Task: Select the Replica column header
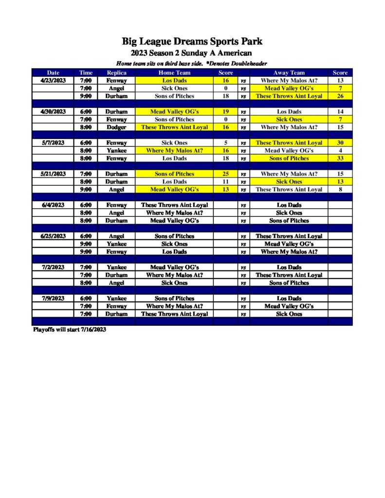tap(116, 72)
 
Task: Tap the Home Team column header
tap(174, 72)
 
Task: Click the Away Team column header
tap(289, 72)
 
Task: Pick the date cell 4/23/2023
tap(53, 80)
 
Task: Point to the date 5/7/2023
tap(53, 142)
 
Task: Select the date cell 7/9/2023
tap(53, 298)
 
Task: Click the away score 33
tap(340, 158)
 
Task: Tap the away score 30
tap(340, 142)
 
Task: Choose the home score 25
tap(226, 174)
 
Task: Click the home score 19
tap(226, 111)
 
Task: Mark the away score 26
tap(340, 96)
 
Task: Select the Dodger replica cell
tap(116, 127)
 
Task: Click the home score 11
tap(226, 181)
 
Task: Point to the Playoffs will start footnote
tap(69, 330)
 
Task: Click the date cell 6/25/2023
tap(53, 236)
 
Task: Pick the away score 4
tap(340, 150)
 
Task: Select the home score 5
tap(226, 142)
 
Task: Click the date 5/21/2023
tap(53, 174)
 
